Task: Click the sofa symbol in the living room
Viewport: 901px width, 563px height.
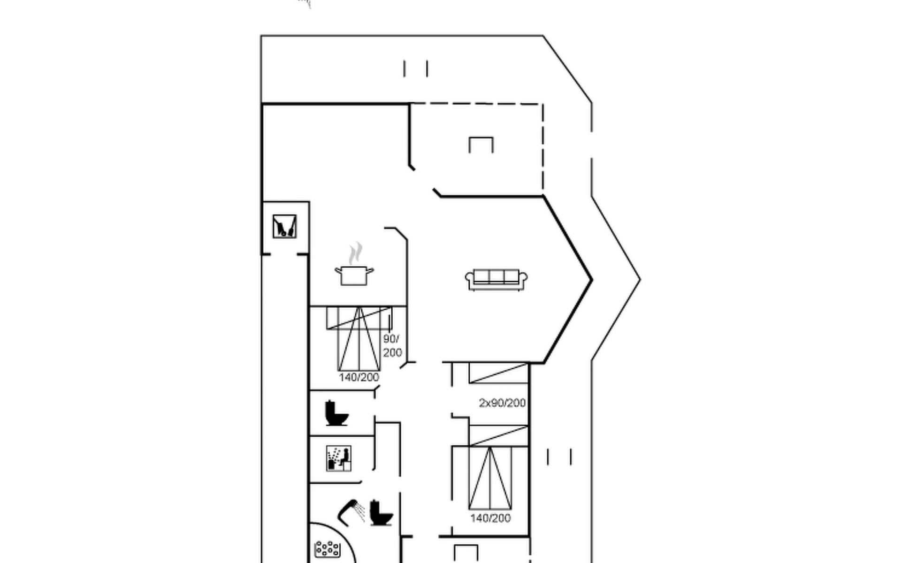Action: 496,280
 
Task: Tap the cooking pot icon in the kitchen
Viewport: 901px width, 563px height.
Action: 354,275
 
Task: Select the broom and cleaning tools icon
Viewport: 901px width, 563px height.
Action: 284,226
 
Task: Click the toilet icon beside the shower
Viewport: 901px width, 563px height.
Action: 381,513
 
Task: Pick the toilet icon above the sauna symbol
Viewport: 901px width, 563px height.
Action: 336,413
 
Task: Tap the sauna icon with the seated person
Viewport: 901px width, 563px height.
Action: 338,458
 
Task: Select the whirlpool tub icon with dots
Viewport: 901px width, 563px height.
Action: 328,548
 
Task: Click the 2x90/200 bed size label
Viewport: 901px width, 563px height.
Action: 502,403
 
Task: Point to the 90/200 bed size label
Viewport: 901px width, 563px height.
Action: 392,346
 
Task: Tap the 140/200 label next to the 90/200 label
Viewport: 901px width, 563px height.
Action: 359,377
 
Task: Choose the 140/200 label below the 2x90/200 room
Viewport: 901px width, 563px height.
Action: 490,518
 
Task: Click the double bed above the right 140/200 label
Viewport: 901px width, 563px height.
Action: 490,478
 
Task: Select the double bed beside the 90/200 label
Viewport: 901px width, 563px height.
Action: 359,339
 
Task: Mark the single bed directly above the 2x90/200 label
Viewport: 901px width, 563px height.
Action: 498,373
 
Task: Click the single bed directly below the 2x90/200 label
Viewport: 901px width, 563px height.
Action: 498,436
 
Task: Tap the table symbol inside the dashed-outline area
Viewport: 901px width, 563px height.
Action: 481,145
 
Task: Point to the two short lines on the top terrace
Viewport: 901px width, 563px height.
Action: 415,68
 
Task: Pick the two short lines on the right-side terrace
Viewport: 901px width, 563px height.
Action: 559,456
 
